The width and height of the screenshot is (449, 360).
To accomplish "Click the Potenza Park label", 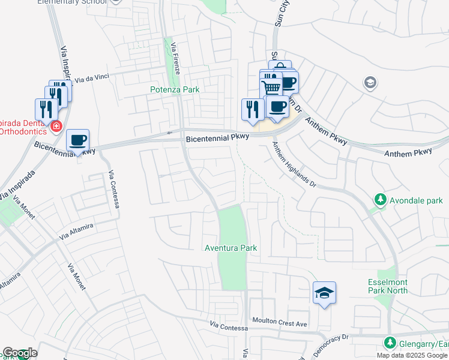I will click(174, 89).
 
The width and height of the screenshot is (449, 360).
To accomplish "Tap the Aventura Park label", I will click(231, 248).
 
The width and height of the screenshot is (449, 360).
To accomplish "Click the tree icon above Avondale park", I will click(379, 199).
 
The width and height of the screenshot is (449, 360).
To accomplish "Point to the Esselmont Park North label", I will click(388, 286).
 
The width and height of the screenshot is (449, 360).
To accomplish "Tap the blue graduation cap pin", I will click(324, 293).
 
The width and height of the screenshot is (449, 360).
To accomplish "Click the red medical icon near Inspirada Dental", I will click(56, 127).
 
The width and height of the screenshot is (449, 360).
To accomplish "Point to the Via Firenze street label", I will click(175, 59).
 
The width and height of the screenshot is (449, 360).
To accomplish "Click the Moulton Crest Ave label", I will click(279, 323).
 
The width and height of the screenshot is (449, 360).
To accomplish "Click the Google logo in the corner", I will click(20, 353).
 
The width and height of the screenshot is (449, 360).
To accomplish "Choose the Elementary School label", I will click(72, 2).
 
